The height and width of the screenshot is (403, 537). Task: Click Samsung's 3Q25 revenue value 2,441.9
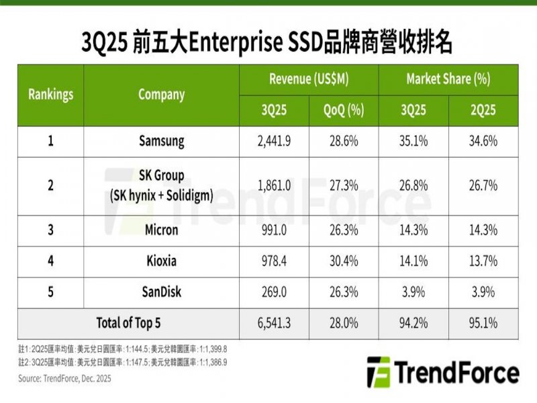pyautogui.click(x=275, y=142)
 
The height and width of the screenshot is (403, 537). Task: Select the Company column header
pyautogui.click(x=161, y=95)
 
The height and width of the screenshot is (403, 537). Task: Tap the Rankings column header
pyautogui.click(x=51, y=95)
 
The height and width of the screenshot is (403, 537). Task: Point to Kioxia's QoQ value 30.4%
pyautogui.click(x=344, y=261)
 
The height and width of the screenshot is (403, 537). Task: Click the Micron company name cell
pyautogui.click(x=161, y=230)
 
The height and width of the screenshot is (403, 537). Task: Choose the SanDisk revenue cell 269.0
pyautogui.click(x=275, y=292)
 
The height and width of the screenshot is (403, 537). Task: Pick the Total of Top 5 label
pyautogui.click(x=128, y=323)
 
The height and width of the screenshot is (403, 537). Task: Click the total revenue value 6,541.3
pyautogui.click(x=275, y=323)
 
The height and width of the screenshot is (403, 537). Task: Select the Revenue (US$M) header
pyautogui.click(x=309, y=79)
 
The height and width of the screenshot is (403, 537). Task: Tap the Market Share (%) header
pyautogui.click(x=448, y=79)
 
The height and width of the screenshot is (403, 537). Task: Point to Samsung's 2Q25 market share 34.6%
pyautogui.click(x=483, y=142)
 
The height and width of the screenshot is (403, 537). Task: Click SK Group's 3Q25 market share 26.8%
pyautogui.click(x=413, y=185)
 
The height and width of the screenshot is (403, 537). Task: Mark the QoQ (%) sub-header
pyautogui.click(x=344, y=110)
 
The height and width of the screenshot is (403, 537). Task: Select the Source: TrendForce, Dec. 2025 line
pyautogui.click(x=64, y=379)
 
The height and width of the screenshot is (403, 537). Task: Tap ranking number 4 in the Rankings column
pyautogui.click(x=51, y=261)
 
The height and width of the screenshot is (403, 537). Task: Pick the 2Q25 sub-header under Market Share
pyautogui.click(x=483, y=110)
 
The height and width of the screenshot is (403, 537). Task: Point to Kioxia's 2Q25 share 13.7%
pyautogui.click(x=483, y=261)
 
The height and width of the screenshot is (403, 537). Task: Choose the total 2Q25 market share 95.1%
pyautogui.click(x=483, y=323)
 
